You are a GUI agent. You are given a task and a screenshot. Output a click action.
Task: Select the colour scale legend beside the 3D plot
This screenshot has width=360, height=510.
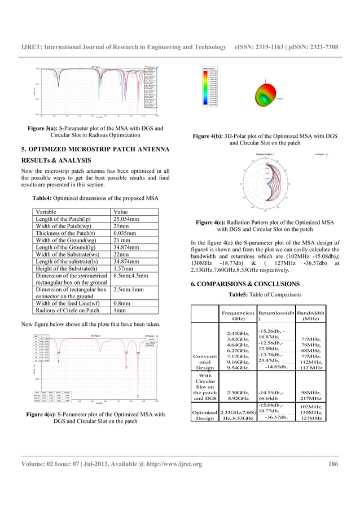[211, 86]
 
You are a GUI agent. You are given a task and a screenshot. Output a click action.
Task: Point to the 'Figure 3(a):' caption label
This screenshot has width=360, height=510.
[45, 128]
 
